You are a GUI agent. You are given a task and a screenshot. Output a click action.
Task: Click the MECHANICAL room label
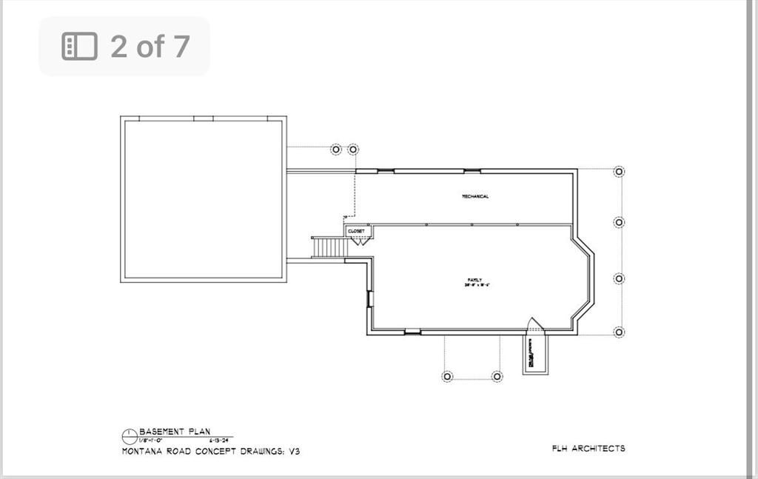[475, 196]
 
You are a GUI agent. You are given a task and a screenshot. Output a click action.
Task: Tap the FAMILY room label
[474, 280]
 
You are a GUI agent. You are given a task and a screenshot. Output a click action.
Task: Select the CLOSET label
[356, 231]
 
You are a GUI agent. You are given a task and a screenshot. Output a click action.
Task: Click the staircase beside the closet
[329, 247]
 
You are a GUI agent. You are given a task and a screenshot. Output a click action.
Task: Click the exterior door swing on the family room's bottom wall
[534, 325]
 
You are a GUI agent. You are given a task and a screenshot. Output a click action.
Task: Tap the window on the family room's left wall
[369, 298]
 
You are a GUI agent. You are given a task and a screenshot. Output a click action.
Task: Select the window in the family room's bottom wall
[412, 332]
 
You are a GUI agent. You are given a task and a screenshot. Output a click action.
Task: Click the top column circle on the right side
[619, 172]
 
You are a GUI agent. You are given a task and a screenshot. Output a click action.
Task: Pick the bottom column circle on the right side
[619, 332]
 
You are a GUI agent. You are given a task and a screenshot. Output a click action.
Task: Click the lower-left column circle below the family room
[447, 376]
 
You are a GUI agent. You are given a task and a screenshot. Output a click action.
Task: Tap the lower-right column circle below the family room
[497, 376]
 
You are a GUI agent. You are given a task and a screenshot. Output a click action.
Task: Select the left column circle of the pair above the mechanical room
[336, 149]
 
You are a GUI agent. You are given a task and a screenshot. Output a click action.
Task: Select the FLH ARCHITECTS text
[588, 448]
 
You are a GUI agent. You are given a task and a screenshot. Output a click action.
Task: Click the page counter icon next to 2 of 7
[80, 46]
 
